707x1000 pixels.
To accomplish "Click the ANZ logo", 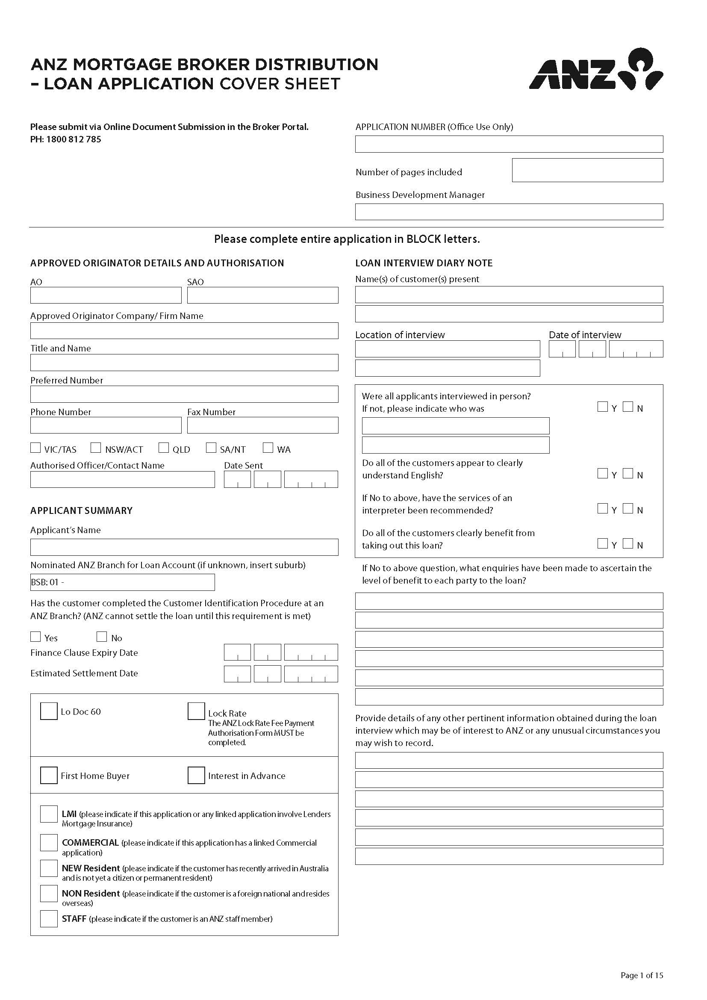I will (595, 70).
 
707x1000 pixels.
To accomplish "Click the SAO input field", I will (262, 295).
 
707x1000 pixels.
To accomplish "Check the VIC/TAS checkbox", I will (35, 448).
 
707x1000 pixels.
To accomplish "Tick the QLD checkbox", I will (163, 448).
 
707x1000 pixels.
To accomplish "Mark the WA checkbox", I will (268, 448).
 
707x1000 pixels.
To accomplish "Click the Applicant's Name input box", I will (184, 548).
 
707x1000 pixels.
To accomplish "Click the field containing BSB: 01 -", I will (122, 582).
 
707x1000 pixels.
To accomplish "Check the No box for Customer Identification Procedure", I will (101, 637).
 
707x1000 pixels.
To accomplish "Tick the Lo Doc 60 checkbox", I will (49, 711).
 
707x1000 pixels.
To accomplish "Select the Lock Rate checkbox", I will (196, 711).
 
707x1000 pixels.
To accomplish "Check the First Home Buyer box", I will (49, 775).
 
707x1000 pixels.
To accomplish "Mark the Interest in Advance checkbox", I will (196, 775).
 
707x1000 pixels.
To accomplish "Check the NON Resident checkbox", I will (49, 893).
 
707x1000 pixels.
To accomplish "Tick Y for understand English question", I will (603, 473).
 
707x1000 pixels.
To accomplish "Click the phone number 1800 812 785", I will (74, 139).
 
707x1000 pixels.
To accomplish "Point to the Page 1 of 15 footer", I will (641, 975).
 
